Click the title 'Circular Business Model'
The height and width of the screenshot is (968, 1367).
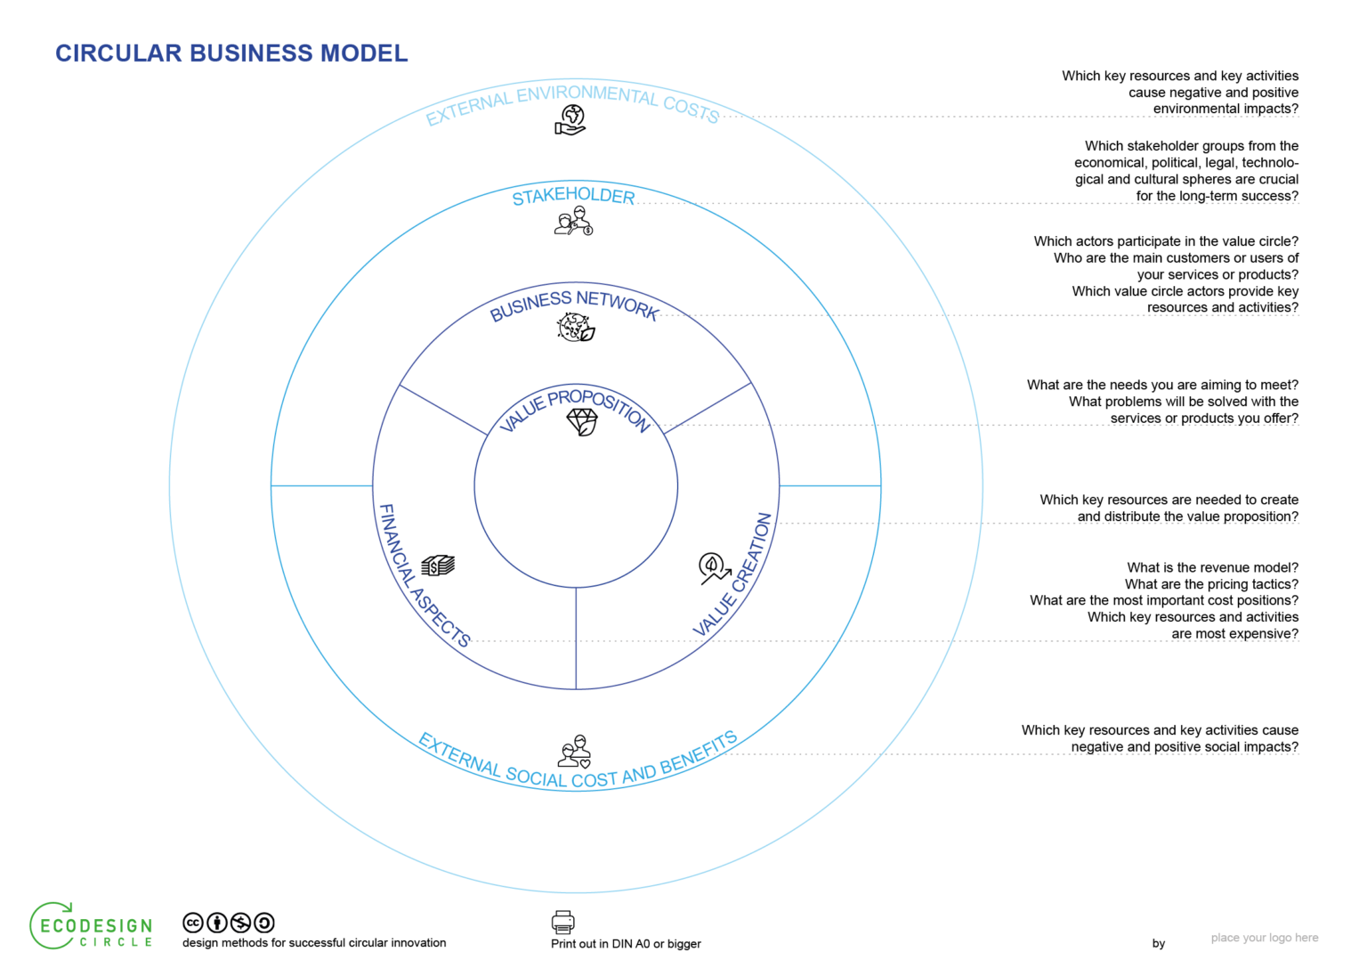[231, 53]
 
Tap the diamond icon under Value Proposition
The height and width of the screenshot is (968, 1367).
[582, 422]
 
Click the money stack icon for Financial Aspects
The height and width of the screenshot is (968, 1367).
[438, 565]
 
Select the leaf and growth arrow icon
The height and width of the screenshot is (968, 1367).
[713, 568]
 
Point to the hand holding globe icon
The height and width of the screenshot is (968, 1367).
[570, 120]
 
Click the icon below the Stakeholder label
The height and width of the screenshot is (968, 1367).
[573, 222]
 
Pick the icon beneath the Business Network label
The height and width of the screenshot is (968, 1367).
[576, 328]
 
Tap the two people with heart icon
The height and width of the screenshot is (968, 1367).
[575, 752]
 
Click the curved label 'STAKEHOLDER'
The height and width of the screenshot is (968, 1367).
[573, 196]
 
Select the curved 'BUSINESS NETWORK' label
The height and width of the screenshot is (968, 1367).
[574, 304]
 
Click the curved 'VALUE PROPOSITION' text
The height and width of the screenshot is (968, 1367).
[575, 406]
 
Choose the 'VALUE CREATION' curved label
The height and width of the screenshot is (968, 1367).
[733, 575]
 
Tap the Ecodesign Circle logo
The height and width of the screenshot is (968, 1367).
[92, 926]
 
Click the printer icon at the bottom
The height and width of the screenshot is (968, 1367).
[563, 922]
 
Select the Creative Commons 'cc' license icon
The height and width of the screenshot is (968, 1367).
[193, 923]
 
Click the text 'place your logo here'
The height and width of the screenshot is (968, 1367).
[1264, 938]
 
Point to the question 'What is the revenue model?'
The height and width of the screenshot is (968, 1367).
[1212, 567]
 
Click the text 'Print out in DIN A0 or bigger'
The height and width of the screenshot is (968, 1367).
[626, 944]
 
